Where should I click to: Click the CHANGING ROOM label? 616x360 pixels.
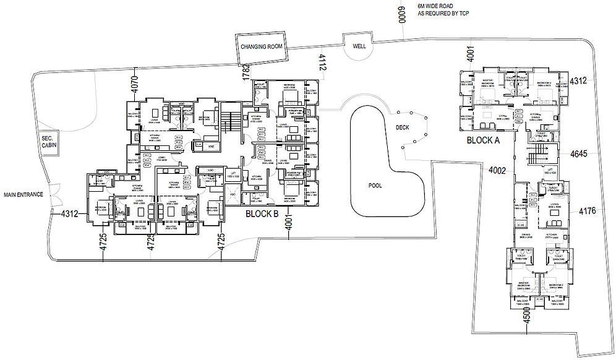[262, 47]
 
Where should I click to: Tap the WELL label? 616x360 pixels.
[359, 47]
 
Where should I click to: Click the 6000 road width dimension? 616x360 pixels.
[401, 12]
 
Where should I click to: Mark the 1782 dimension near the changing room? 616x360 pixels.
[246, 72]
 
